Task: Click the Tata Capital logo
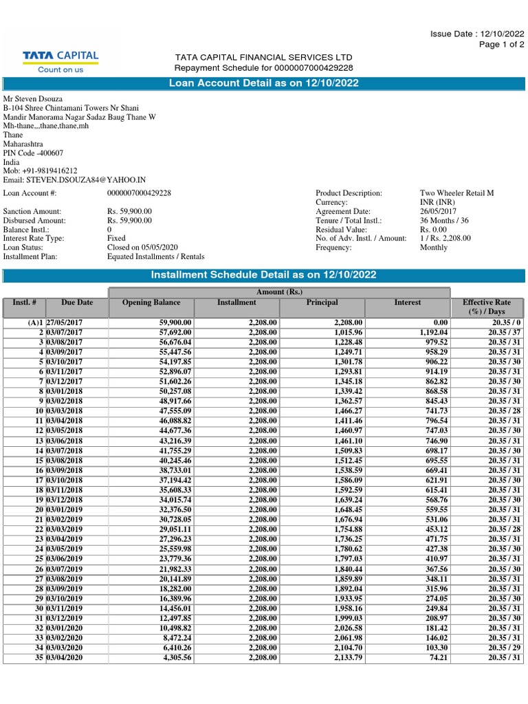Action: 61,60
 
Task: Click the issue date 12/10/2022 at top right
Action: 477,34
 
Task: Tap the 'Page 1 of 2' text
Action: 501,45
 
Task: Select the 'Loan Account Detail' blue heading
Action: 264,83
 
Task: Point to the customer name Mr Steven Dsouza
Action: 34,98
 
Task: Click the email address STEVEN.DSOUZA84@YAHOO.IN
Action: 75,179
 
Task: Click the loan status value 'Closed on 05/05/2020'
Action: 142,247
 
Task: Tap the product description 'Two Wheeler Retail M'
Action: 456,193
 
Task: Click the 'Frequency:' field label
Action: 333,247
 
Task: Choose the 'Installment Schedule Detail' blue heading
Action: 264,275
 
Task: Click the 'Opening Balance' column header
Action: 151,302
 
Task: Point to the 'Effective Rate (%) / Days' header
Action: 487,307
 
